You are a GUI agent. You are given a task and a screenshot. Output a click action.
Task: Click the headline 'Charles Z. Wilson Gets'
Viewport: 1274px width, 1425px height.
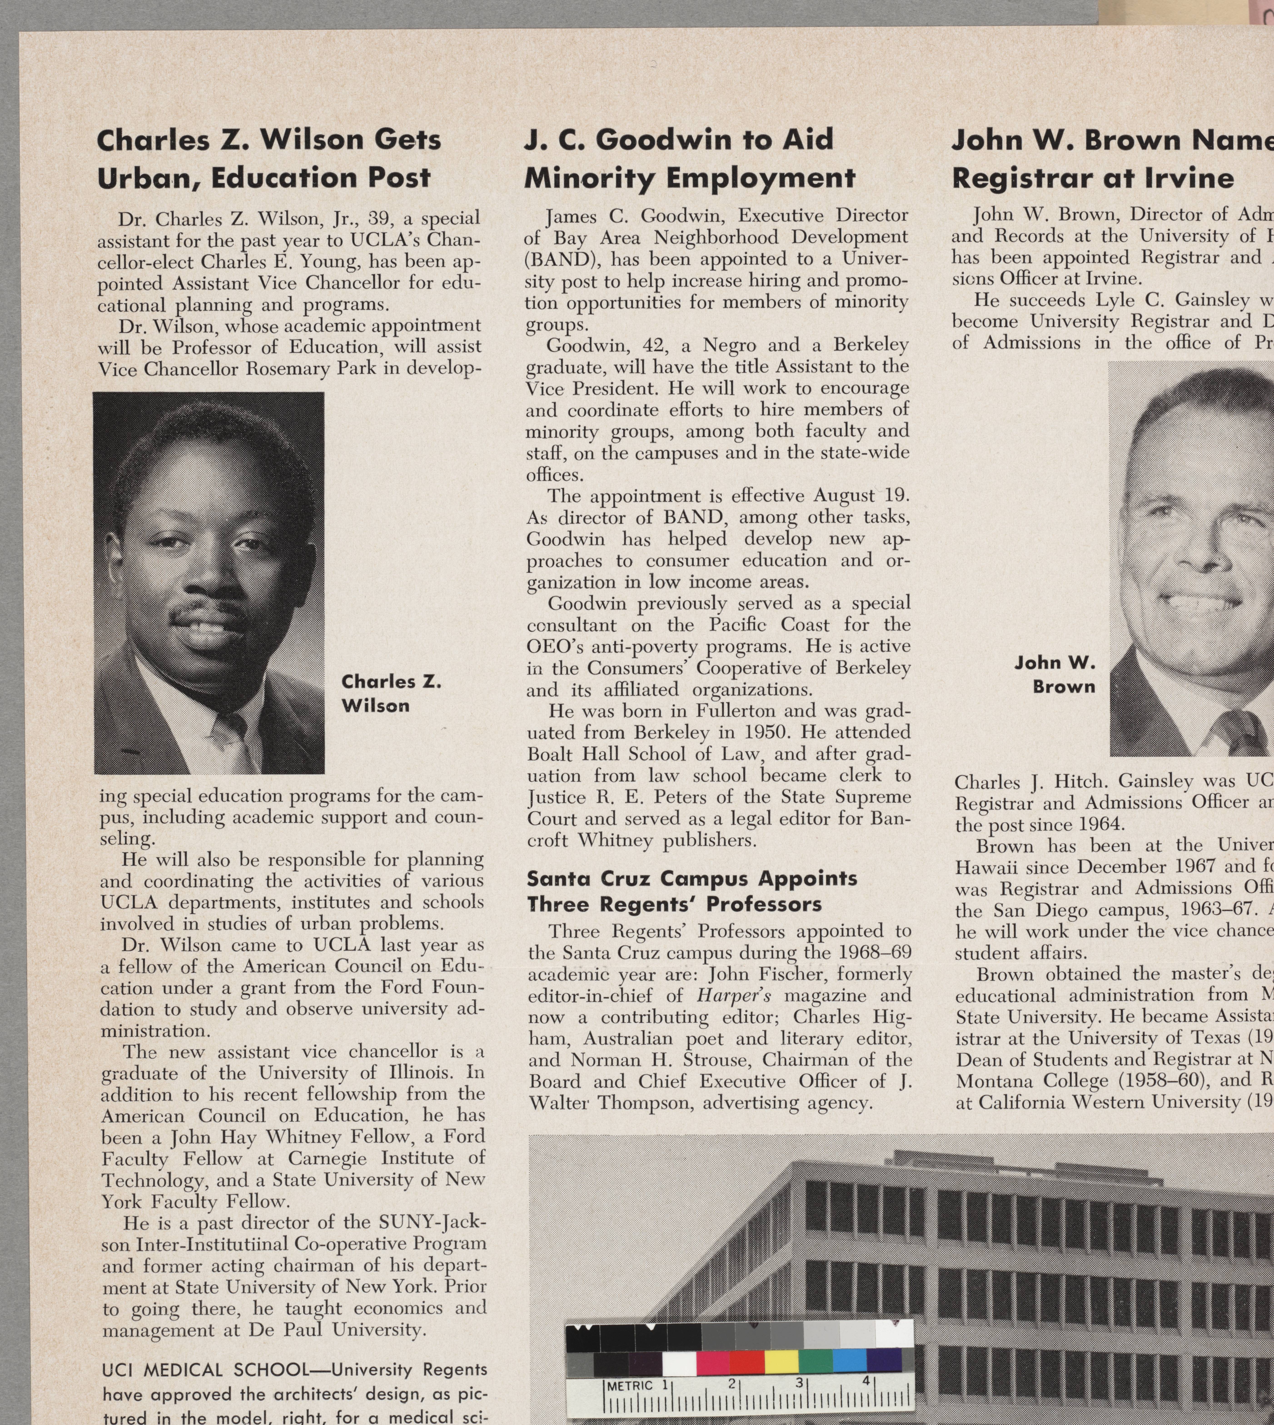(x=269, y=140)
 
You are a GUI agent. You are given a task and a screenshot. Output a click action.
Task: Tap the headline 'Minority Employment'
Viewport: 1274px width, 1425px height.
(x=689, y=178)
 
